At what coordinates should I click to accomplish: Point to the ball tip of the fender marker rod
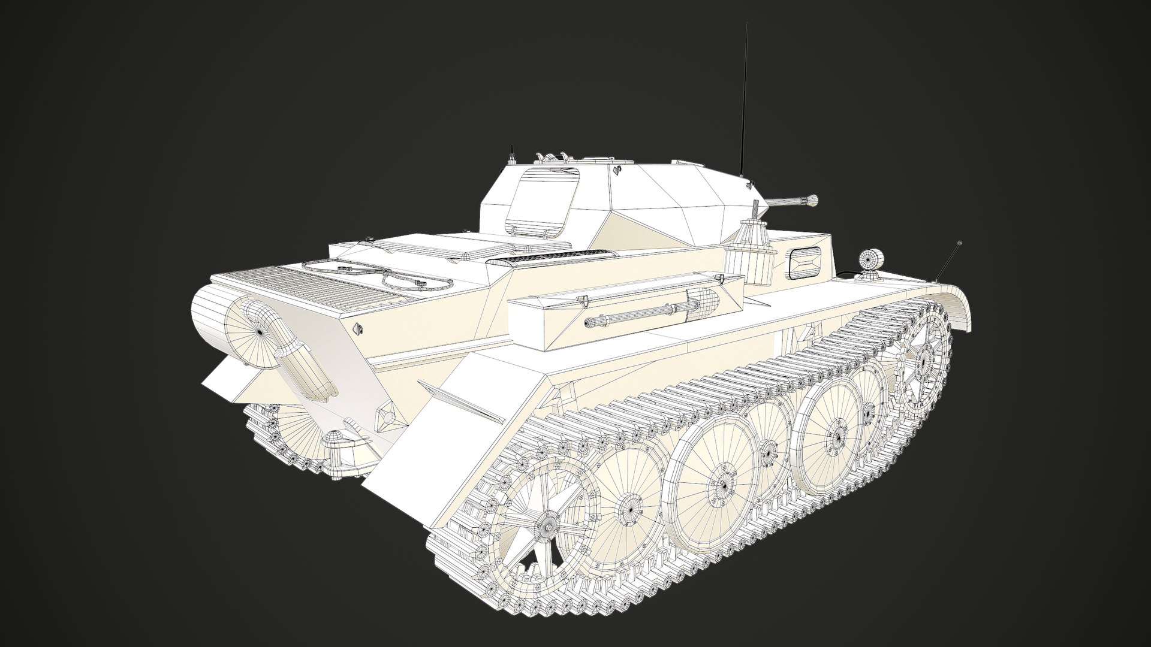[x=959, y=244]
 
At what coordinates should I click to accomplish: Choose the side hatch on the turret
[x=543, y=201]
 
